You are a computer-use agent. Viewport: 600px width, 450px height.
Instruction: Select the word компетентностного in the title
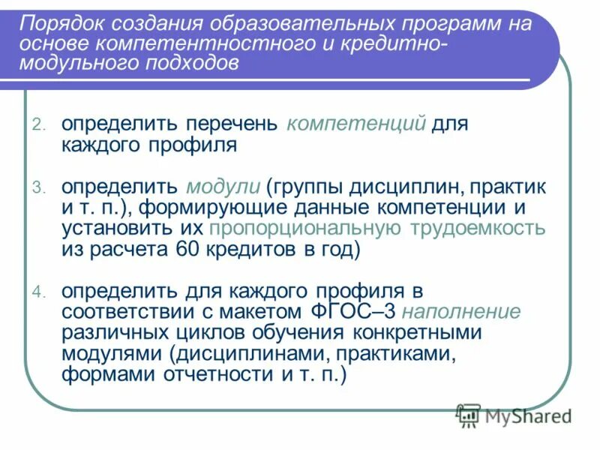[x=194, y=43]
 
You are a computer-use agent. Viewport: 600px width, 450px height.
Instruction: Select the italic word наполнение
[x=466, y=311]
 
